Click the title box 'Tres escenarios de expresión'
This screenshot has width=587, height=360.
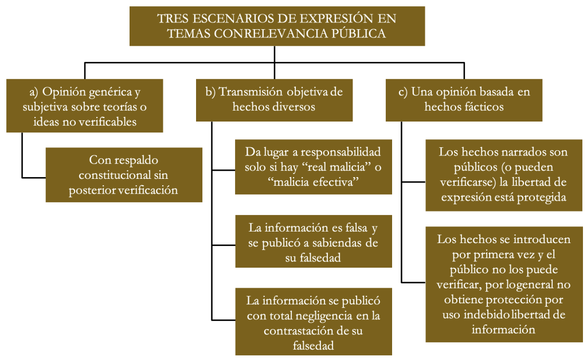pos(277,26)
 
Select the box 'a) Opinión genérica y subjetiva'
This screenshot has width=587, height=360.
pos(85,105)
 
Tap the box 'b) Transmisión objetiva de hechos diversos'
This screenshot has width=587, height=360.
pos(275,100)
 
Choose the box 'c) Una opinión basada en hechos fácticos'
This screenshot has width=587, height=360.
pos(464,100)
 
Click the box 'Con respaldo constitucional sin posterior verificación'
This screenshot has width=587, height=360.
pos(124,175)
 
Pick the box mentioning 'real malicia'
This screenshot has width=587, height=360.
pos(314,167)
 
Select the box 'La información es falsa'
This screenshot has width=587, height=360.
pos(314,241)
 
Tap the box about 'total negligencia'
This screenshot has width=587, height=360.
pos(314,322)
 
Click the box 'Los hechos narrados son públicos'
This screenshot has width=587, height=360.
pos(504,175)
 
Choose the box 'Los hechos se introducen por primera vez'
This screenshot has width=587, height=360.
pos(504,284)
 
